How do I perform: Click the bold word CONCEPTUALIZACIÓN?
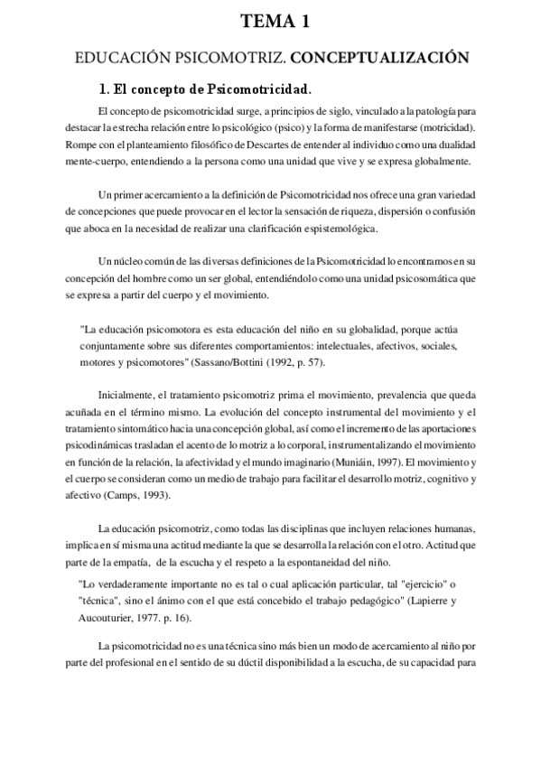click(380, 58)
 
